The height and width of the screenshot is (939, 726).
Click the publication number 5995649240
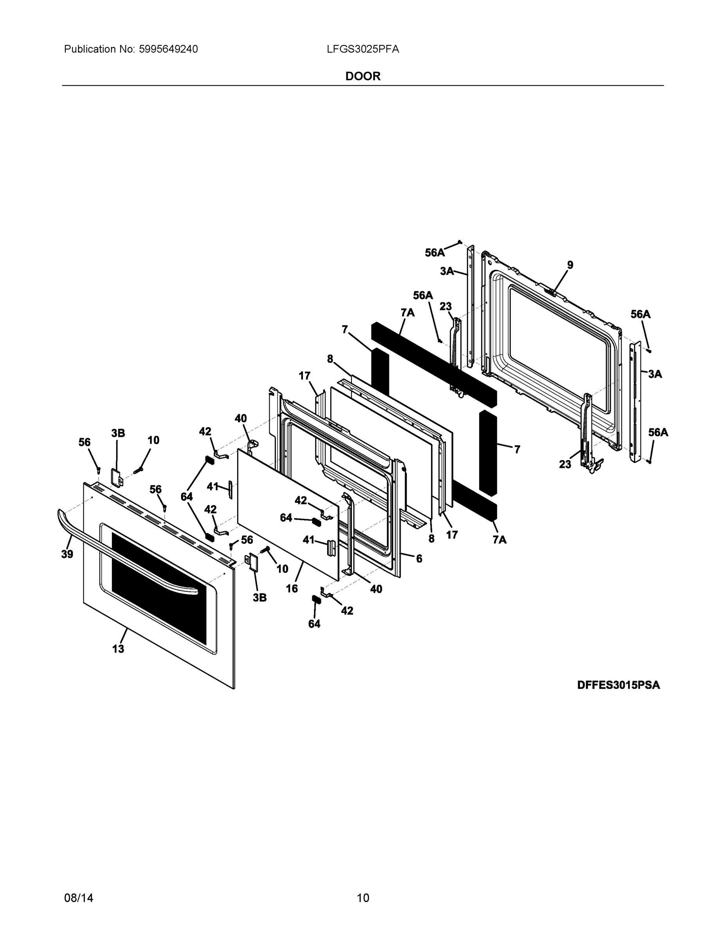click(168, 49)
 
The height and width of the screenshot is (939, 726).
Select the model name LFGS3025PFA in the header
click(362, 49)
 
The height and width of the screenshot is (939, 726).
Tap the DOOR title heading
click(362, 77)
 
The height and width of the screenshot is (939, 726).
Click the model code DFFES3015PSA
click(618, 685)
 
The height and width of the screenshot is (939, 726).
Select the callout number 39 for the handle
click(67, 554)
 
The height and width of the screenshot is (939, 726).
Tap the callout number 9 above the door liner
click(570, 265)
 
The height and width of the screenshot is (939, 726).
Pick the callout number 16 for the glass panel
click(292, 588)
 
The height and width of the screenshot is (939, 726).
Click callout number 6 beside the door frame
click(419, 558)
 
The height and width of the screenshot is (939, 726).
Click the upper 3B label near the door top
click(118, 433)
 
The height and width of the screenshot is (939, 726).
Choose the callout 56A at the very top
click(435, 253)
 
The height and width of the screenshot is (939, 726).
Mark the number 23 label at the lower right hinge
click(565, 464)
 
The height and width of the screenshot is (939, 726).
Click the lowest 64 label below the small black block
click(314, 624)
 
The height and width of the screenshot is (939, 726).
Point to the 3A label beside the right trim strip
click(655, 374)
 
